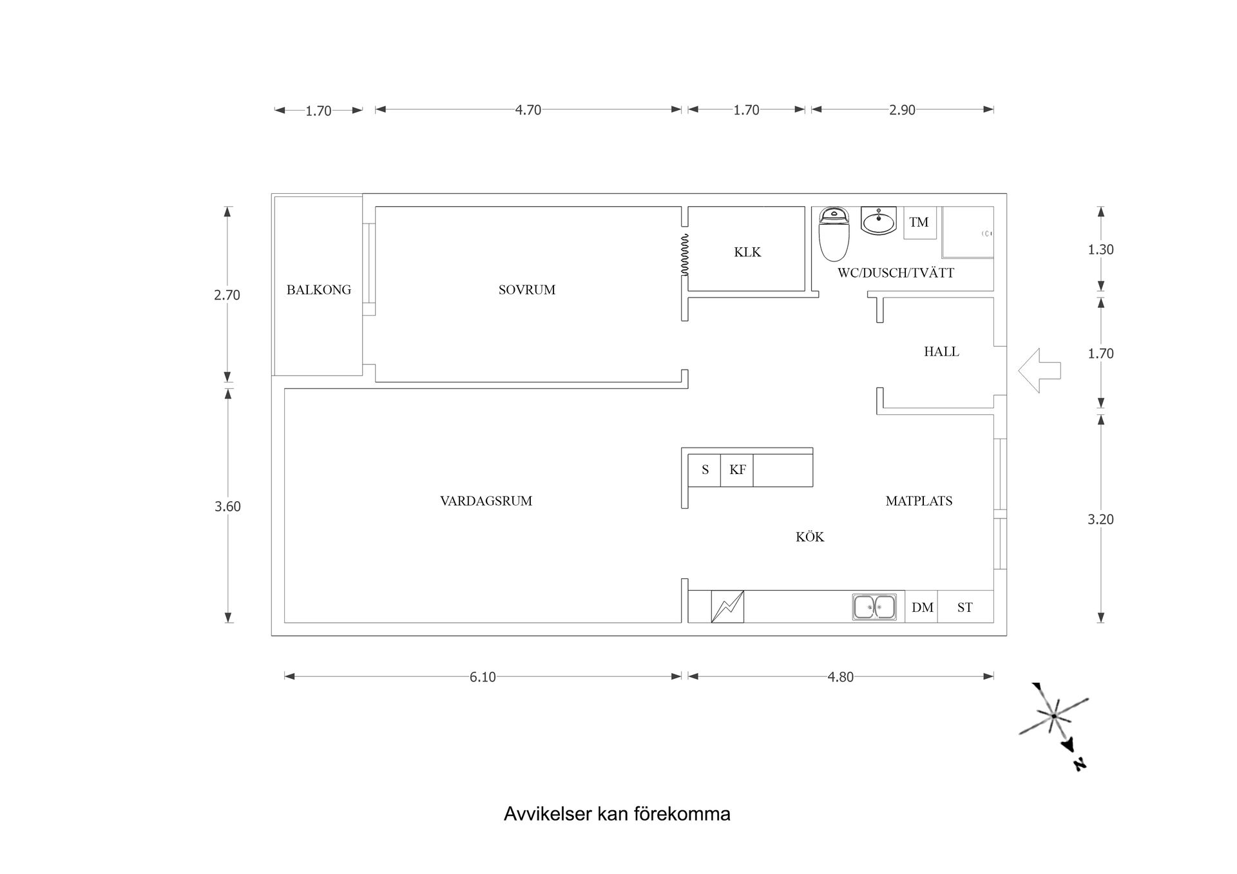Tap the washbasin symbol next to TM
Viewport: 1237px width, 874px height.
pos(878,221)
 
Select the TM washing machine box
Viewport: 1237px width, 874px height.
pos(919,222)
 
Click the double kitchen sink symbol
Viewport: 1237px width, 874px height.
pos(874,607)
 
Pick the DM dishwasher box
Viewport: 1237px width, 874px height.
pos(922,607)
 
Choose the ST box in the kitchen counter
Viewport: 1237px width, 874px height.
pos(964,607)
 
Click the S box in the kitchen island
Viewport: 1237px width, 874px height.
pos(705,470)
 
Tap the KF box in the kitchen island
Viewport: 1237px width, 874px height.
pos(737,470)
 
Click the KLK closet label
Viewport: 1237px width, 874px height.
pos(747,252)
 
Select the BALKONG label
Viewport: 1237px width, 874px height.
pos(319,290)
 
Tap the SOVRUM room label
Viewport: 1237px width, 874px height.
pos(526,290)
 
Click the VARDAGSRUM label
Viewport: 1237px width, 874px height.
pos(486,501)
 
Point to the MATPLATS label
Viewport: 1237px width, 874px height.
pos(919,501)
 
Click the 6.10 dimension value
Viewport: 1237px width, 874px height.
pos(483,677)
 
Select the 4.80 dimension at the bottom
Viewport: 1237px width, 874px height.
pos(840,677)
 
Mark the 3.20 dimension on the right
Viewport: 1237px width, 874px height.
pos(1100,519)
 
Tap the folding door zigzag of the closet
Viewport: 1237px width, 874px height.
pos(685,255)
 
